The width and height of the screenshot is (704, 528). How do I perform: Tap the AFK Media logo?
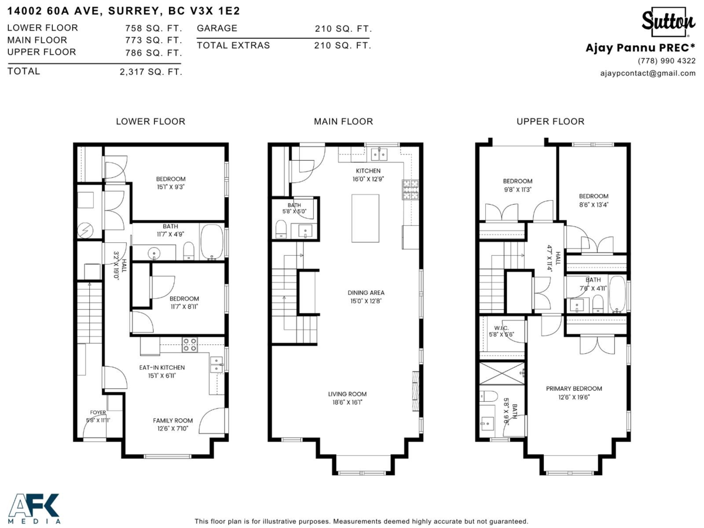click(x=34, y=508)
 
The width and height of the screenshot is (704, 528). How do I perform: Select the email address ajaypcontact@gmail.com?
click(x=647, y=73)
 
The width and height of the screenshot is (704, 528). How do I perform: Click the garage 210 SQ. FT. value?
click(x=343, y=29)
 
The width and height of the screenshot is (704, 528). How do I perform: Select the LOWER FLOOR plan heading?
click(x=150, y=121)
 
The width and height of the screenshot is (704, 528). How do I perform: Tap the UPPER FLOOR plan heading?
click(x=550, y=121)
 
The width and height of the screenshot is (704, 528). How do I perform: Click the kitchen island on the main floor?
click(x=365, y=218)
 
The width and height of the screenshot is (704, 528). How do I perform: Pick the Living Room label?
click(x=347, y=394)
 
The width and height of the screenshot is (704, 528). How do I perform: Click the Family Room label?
click(x=172, y=421)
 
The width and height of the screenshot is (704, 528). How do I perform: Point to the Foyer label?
click(x=98, y=412)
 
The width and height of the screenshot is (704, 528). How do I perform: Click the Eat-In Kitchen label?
click(x=161, y=367)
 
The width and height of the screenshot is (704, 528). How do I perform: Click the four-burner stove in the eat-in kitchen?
click(x=189, y=344)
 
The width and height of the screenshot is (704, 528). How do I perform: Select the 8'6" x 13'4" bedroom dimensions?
click(x=593, y=204)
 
